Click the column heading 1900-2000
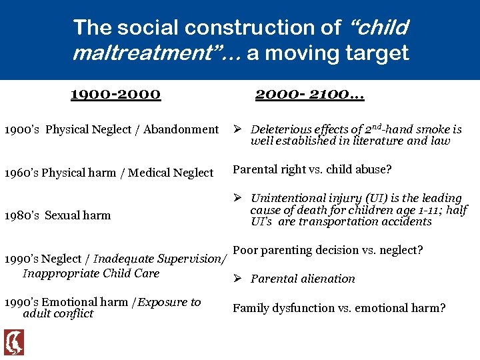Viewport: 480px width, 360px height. click(115, 94)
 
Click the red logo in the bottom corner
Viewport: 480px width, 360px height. click(13, 342)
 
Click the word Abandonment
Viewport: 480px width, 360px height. click(181, 130)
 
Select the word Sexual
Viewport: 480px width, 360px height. click(64, 215)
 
